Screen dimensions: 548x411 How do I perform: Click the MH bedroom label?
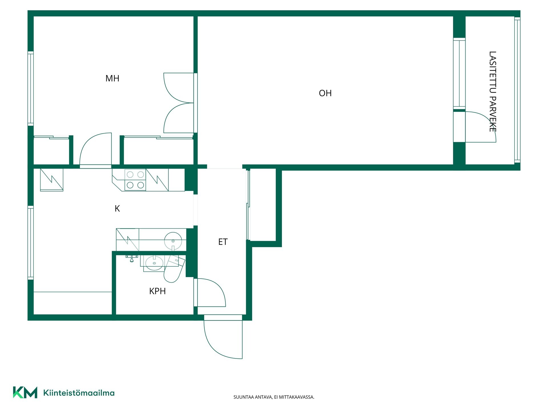point(112,78)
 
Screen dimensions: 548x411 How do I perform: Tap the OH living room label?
point(325,93)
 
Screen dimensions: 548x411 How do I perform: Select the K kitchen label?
point(117,209)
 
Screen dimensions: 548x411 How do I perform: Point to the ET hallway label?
point(223,242)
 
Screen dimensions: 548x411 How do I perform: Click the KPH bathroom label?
point(157,291)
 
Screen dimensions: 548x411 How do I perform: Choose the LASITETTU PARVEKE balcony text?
point(493,92)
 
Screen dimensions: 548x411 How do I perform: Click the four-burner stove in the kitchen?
point(135,180)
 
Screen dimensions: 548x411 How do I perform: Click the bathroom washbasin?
point(154,263)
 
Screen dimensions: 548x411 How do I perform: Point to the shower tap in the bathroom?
point(132,258)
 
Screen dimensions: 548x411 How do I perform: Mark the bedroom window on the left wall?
point(31,88)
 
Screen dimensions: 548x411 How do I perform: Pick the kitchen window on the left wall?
point(31,243)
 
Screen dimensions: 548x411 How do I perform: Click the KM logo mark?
point(25,392)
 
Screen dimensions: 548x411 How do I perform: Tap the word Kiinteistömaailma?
point(79,393)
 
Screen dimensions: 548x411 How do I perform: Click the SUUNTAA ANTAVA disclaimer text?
point(274,397)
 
